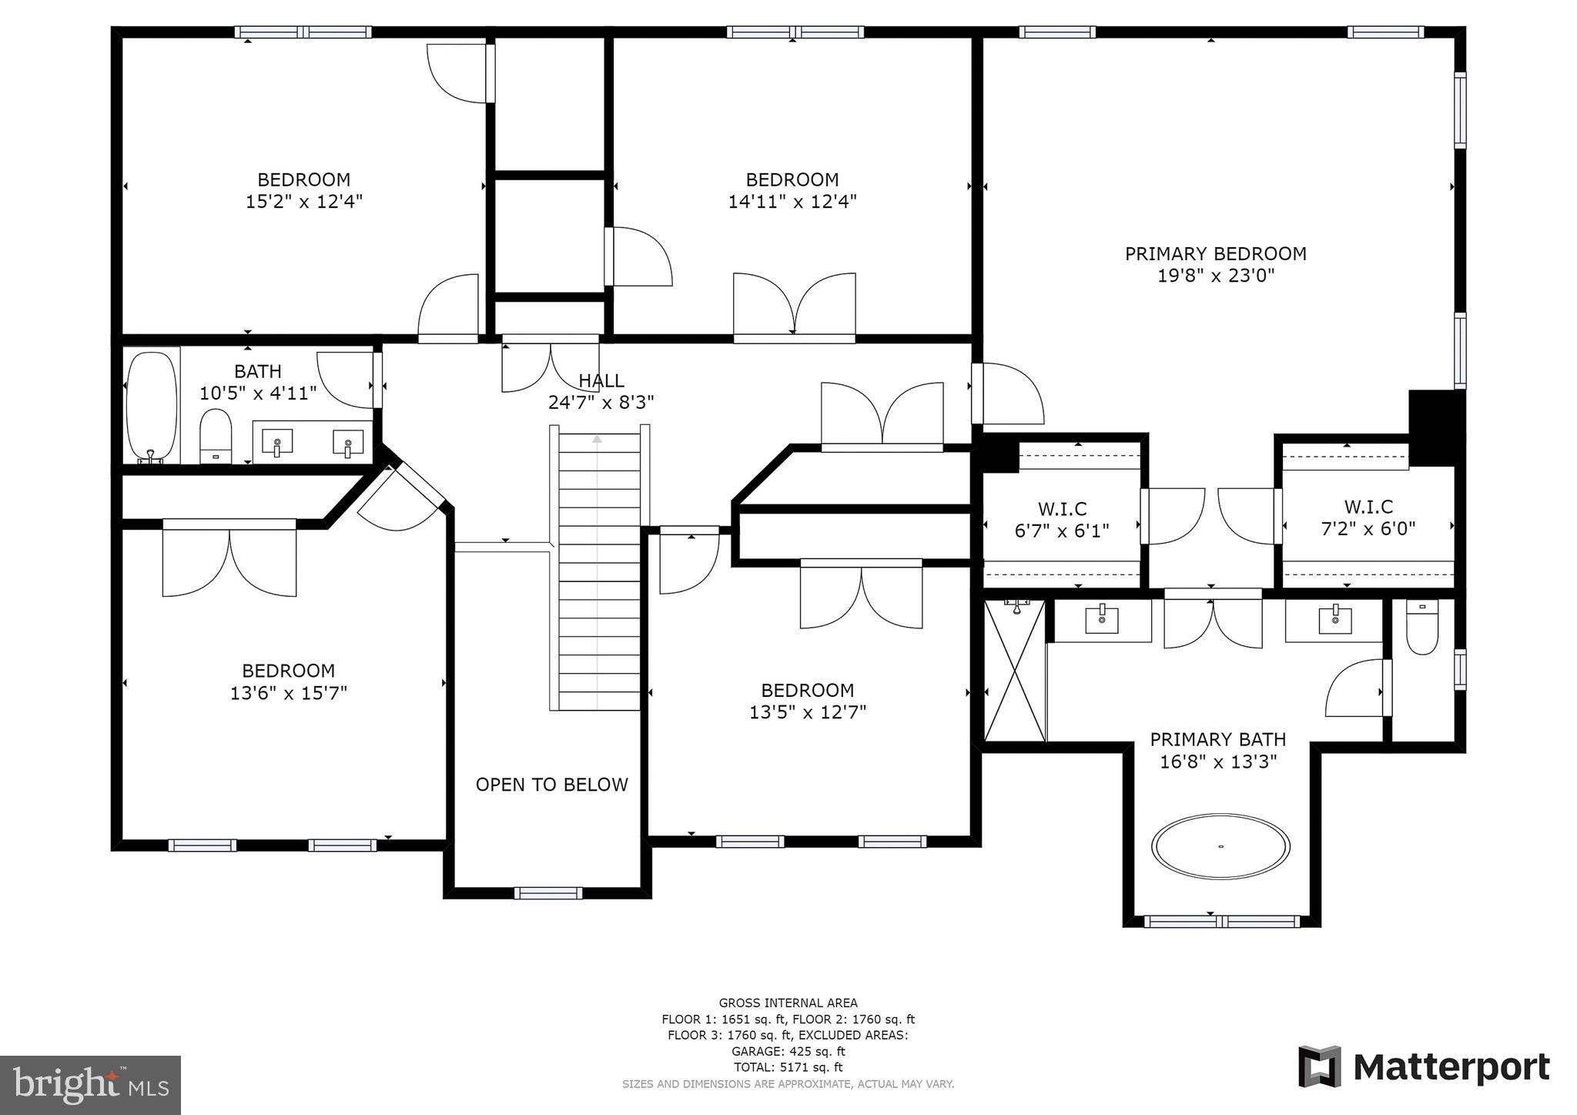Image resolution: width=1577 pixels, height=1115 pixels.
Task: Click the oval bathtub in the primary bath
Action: tap(1220, 846)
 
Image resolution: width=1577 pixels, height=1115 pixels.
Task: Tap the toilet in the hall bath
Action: tap(216, 435)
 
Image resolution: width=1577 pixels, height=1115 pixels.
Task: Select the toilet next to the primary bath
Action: tap(1421, 627)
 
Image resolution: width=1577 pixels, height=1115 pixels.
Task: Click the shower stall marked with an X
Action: tap(1015, 671)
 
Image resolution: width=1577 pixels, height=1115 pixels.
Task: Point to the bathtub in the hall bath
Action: tap(152, 407)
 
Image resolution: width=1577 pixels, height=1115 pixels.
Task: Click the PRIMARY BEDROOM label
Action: tap(1215, 253)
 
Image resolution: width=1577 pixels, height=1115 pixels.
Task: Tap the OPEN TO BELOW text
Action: tap(551, 785)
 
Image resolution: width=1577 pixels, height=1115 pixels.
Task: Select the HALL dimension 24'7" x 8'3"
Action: tap(601, 402)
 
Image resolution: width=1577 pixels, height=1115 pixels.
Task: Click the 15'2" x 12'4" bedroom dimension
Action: tap(303, 202)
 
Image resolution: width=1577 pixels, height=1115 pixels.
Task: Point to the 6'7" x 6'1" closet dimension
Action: tap(1062, 531)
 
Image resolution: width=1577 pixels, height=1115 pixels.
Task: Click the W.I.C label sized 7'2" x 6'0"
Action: tap(1368, 507)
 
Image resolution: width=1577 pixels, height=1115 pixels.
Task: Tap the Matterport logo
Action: tap(1424, 1067)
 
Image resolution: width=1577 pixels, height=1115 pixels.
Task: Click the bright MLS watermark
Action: tap(90, 1085)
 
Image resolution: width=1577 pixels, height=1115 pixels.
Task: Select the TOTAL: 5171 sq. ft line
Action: tap(788, 1067)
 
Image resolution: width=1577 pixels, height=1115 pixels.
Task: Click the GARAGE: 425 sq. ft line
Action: tap(788, 1051)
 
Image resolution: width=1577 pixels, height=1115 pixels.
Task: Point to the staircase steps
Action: tap(599, 570)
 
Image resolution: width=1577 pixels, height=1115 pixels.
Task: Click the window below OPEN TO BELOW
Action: tap(547, 893)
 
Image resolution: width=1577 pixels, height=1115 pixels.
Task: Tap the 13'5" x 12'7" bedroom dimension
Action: tap(808, 712)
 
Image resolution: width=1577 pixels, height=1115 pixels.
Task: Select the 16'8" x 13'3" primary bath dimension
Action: tap(1218, 762)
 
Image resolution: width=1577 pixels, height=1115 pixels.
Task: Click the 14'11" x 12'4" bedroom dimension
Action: tap(792, 202)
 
